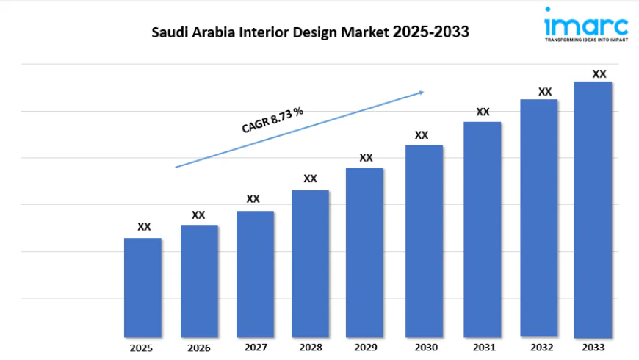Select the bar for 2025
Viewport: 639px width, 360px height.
tap(142, 287)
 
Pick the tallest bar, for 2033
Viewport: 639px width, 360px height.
tap(593, 209)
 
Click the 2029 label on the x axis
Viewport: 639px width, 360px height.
tap(366, 347)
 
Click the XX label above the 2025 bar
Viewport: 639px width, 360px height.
tap(144, 226)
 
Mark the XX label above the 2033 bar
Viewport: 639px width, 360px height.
tap(599, 73)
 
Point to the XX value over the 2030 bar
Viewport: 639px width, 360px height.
tap(422, 135)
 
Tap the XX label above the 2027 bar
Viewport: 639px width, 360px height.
tap(253, 198)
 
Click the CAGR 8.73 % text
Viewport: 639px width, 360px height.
tap(272, 119)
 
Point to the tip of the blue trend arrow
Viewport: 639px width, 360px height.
tap(424, 92)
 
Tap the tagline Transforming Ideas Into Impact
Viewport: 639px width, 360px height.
tap(585, 41)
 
